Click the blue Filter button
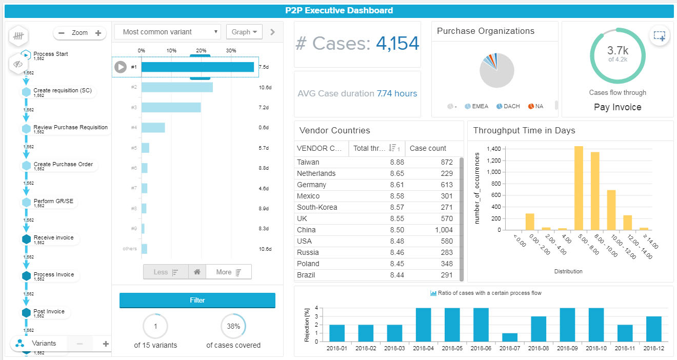pos(197,301)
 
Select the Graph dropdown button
pos(244,32)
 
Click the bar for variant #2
pos(177,87)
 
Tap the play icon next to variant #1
pos(121,67)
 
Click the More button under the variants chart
pos(228,272)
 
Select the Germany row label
pos(311,185)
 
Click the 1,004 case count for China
pos(444,230)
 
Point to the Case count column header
pos(428,148)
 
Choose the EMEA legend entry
pos(476,107)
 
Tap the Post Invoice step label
pos(49,311)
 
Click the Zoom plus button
pos(98,33)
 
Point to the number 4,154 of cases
pos(397,44)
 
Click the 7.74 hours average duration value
pos(396,94)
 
